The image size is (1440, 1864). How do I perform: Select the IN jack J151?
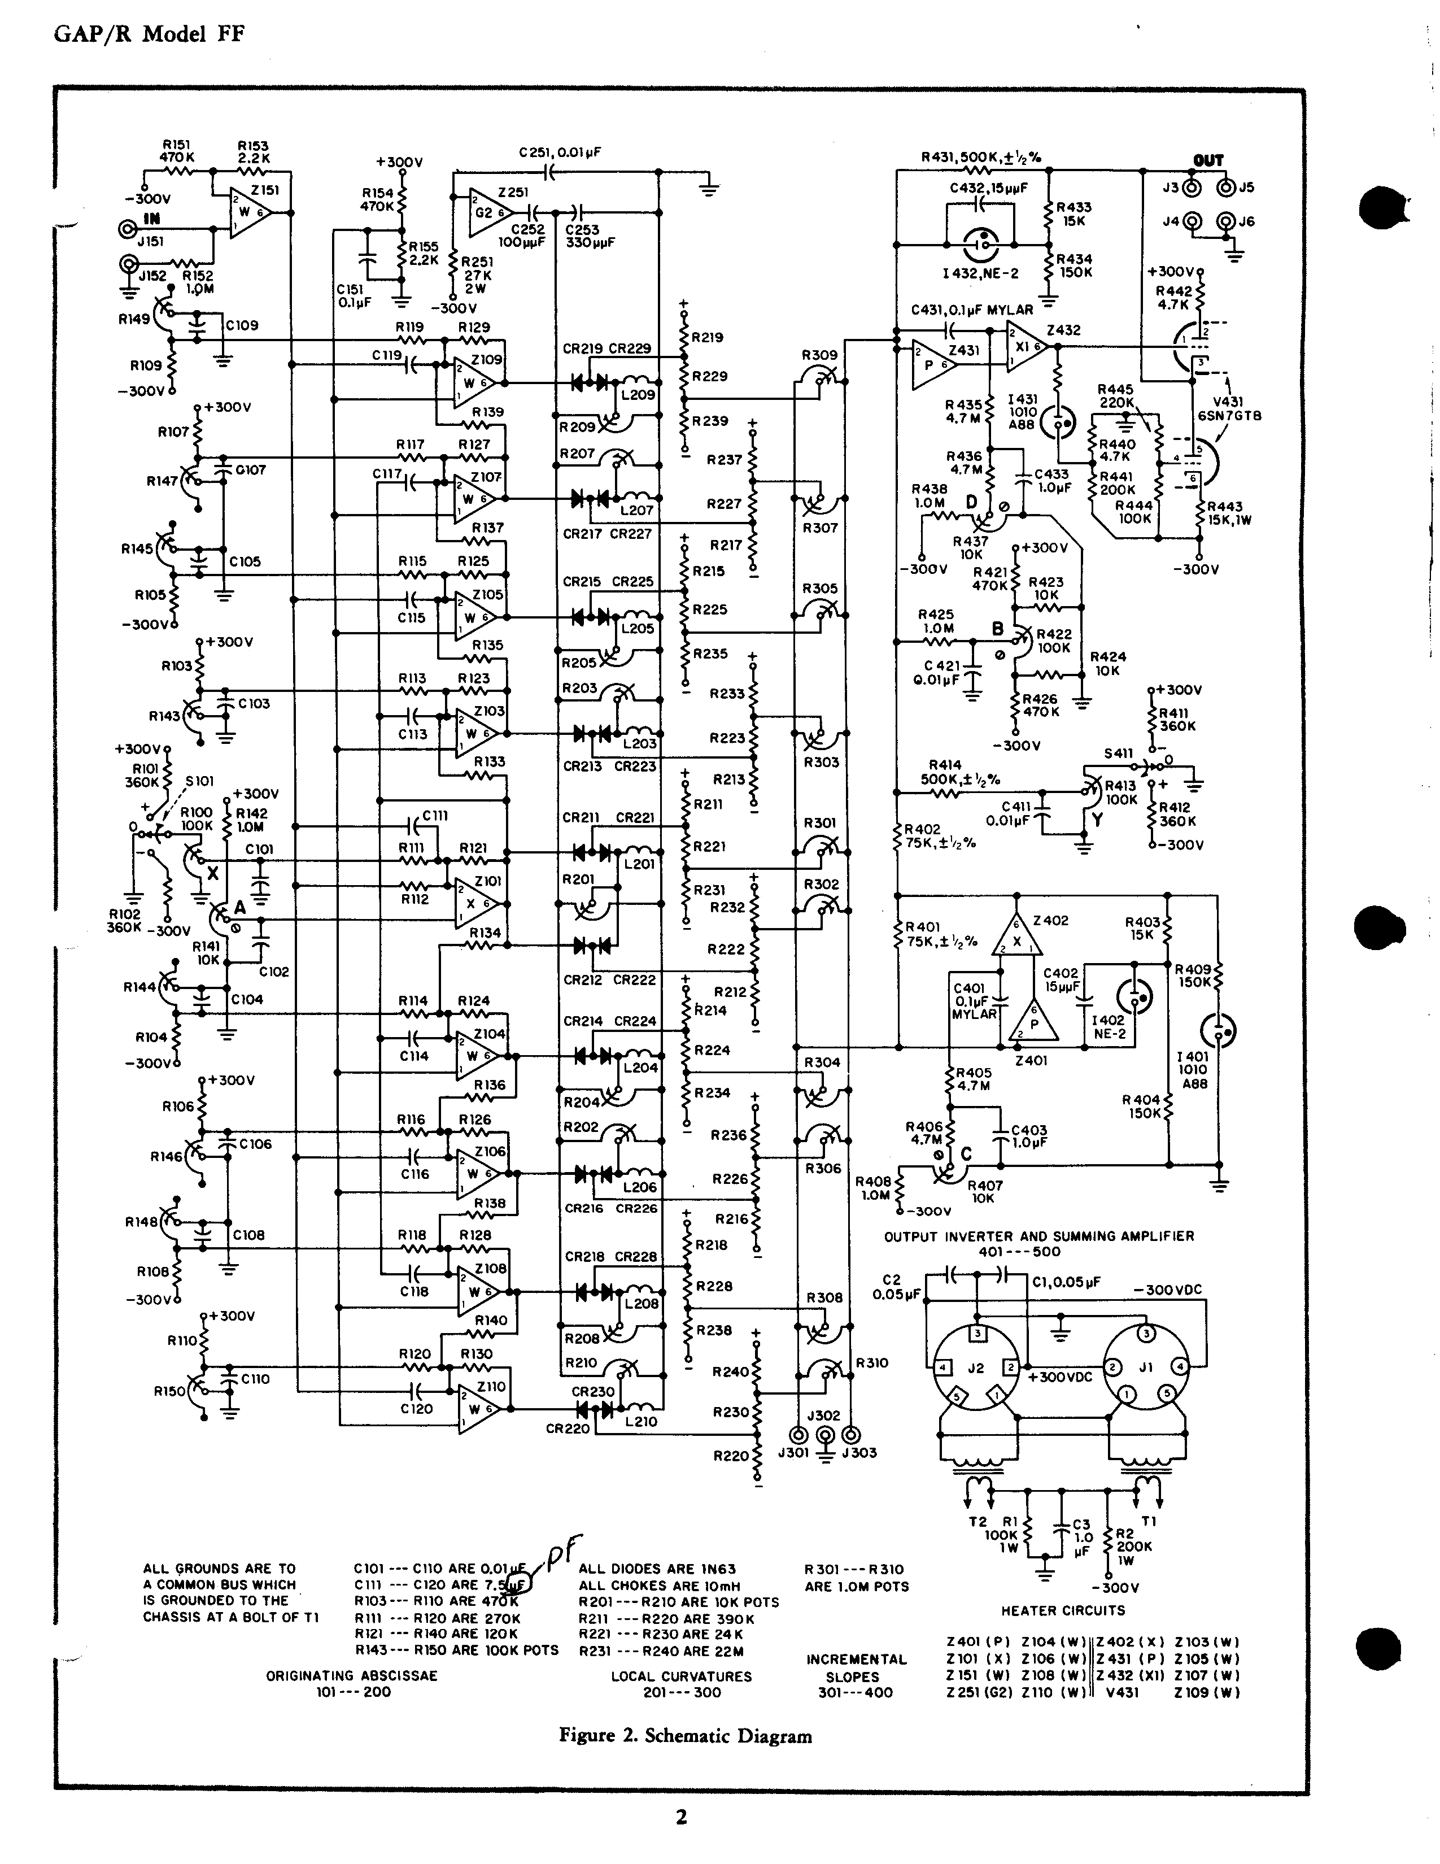point(129,229)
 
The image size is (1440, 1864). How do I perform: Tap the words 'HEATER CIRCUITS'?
point(1063,1610)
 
